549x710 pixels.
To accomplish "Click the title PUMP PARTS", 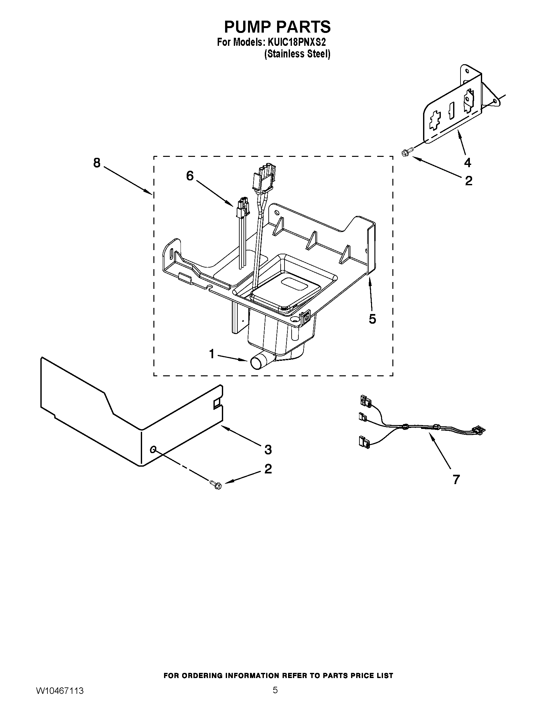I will (277, 27).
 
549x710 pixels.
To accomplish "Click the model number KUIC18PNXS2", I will (296, 43).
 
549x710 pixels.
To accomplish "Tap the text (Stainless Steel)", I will (297, 54).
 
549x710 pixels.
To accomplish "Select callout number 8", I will (97, 163).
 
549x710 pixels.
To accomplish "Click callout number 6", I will (190, 176).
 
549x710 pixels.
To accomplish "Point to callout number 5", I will (372, 319).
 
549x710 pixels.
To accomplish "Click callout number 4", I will (467, 162).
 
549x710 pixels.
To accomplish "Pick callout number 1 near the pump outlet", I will (212, 354).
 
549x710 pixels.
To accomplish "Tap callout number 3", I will (268, 450).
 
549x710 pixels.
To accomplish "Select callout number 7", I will (456, 480).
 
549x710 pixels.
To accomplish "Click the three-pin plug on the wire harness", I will (479, 430).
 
